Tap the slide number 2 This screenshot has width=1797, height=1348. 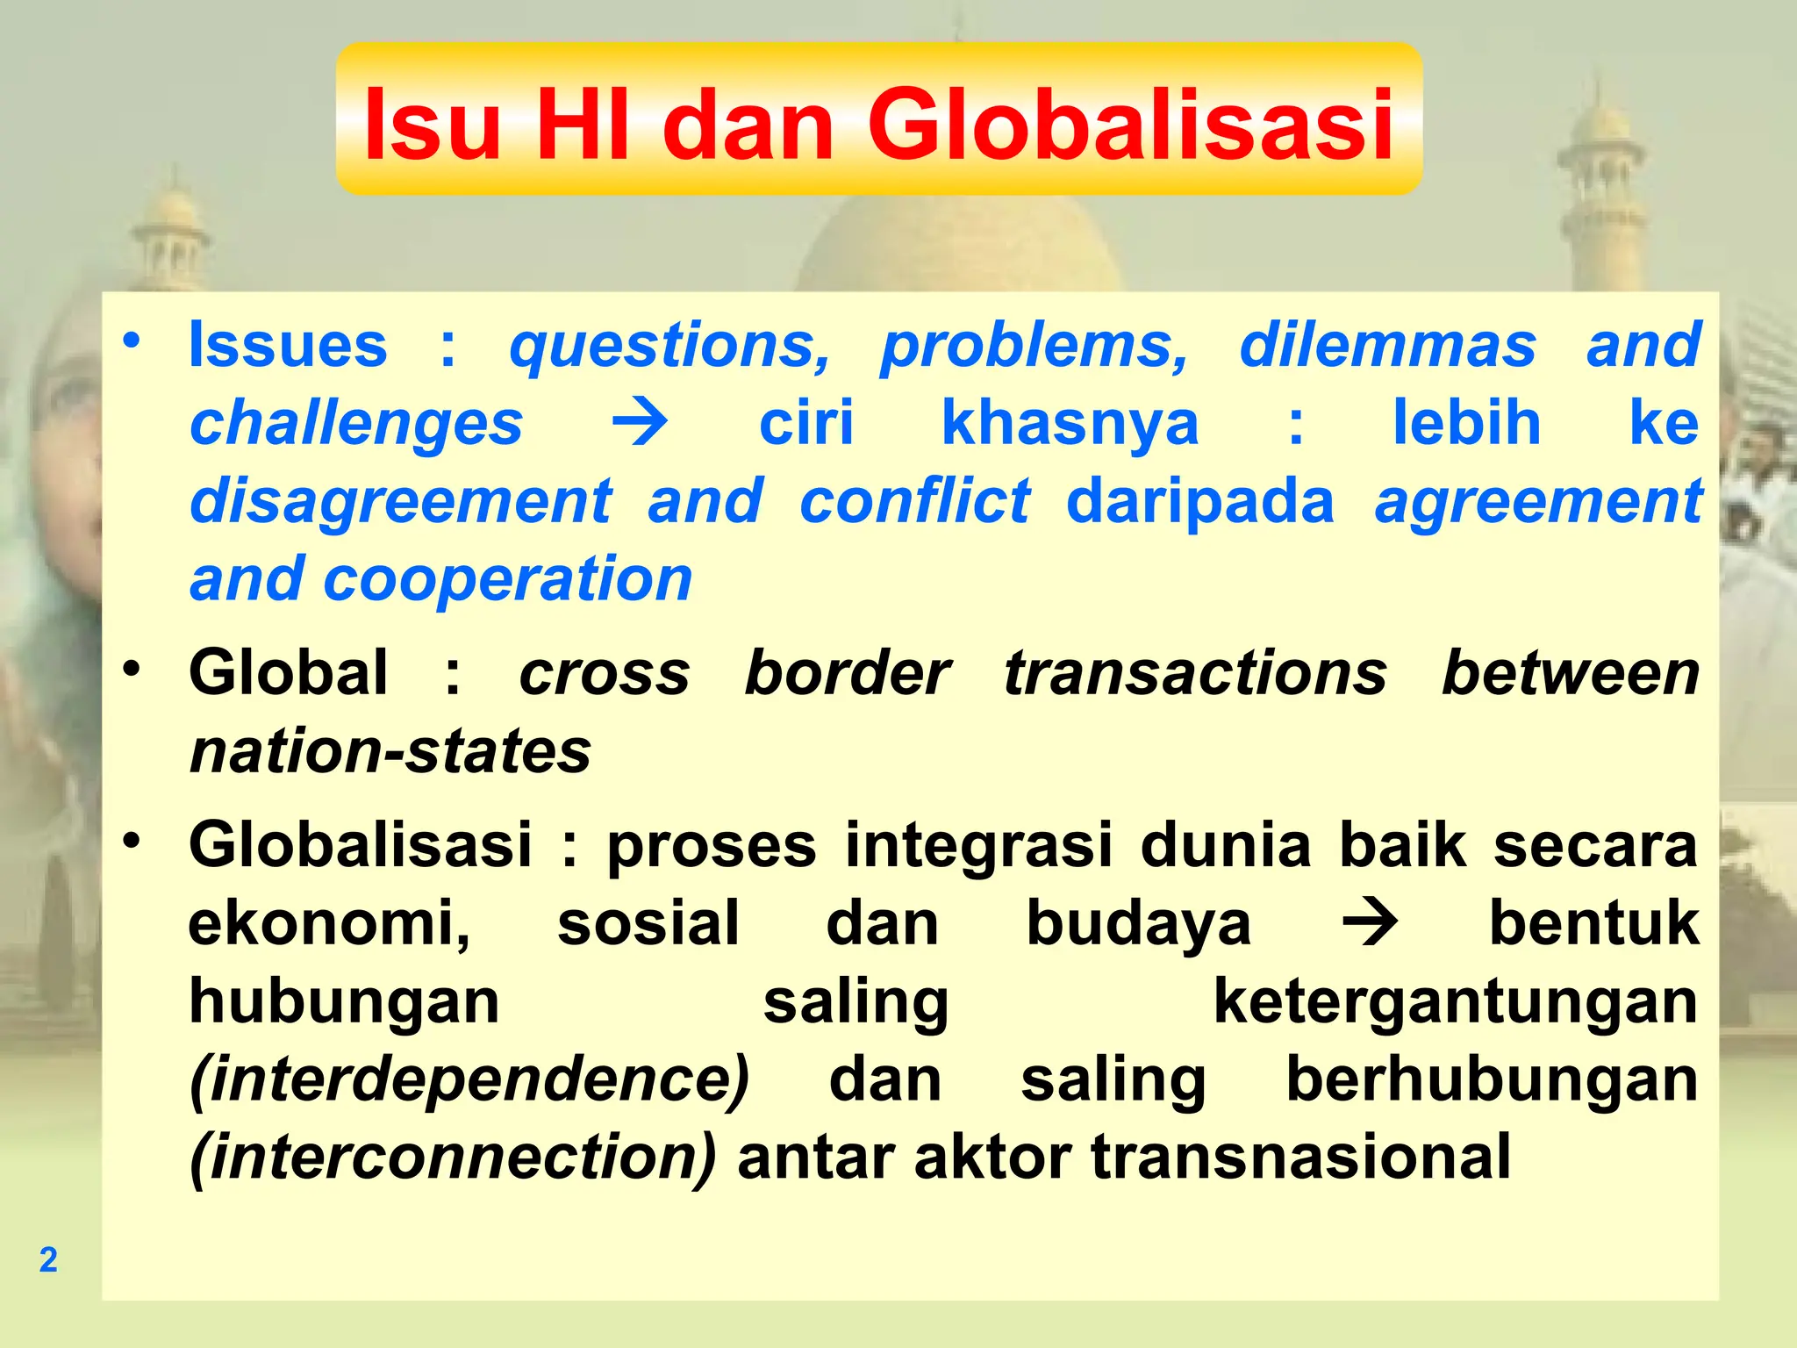click(x=48, y=1259)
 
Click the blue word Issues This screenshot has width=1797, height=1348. click(x=288, y=345)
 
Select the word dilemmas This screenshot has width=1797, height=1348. click(x=1387, y=345)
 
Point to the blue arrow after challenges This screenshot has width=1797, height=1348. click(x=640, y=423)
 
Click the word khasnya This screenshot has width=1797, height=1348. click(x=1070, y=423)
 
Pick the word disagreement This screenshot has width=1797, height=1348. click(x=401, y=502)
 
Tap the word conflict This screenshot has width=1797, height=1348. click(x=914, y=502)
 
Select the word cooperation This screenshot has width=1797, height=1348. click(x=508, y=580)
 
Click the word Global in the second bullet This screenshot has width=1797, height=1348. click(x=288, y=673)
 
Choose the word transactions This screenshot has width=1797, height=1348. click(x=1195, y=673)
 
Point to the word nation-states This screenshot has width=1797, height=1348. click(x=390, y=751)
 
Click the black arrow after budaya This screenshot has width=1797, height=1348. click(x=1370, y=923)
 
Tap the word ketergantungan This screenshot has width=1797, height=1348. click(x=1456, y=1001)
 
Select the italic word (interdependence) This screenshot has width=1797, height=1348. click(x=469, y=1079)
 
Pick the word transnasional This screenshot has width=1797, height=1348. click(x=1300, y=1158)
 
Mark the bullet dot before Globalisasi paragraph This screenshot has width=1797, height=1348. click(x=132, y=841)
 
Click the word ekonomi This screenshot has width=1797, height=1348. click(x=329, y=923)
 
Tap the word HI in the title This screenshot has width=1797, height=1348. click(x=583, y=125)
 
